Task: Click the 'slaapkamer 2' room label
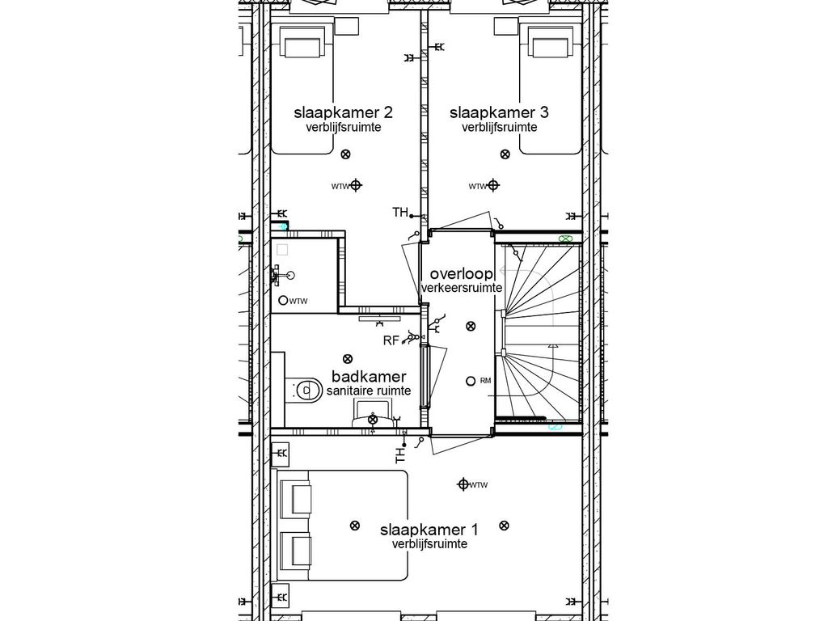click(x=337, y=112)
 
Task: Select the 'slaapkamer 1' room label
click(x=429, y=530)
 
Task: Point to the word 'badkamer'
click(x=369, y=377)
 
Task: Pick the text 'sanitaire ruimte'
click(x=369, y=391)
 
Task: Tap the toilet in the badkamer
click(x=302, y=391)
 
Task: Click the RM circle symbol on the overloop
click(x=471, y=381)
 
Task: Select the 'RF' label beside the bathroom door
click(x=391, y=341)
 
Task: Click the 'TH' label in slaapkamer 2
click(x=400, y=213)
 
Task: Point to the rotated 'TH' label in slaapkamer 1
click(x=400, y=454)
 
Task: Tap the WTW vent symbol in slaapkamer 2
click(x=357, y=186)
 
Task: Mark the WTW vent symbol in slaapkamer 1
click(x=463, y=484)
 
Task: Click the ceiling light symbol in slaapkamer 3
click(x=505, y=154)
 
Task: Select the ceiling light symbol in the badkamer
click(x=348, y=358)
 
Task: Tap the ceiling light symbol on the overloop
click(x=471, y=326)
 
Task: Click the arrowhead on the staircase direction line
click(x=552, y=346)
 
